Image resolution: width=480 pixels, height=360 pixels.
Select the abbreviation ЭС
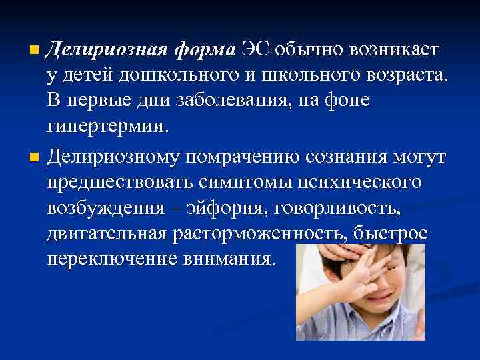[x=257, y=50]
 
